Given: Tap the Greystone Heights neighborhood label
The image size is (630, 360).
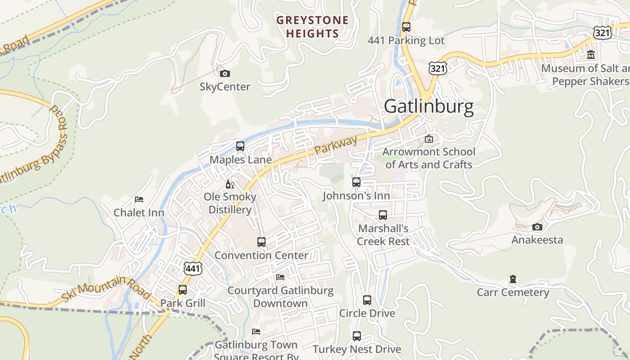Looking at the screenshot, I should click(312, 27).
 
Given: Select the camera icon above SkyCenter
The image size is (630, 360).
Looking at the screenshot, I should click(225, 73).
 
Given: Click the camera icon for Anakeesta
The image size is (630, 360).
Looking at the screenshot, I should click(537, 227).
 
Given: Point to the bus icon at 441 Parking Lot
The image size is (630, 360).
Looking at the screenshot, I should click(406, 27).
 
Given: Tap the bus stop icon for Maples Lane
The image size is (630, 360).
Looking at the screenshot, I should click(240, 146).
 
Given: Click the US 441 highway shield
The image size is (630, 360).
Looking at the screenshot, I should click(193, 269).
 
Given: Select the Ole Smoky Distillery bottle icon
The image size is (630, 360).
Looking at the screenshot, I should click(229, 184).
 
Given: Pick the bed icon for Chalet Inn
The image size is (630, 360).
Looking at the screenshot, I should click(139, 199).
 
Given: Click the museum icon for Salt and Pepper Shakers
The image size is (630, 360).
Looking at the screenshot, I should click(590, 55).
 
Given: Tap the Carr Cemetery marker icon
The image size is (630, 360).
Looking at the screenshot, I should click(513, 279).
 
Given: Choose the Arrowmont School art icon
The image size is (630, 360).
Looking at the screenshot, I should click(428, 139).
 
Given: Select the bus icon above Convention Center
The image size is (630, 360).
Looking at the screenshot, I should click(261, 242).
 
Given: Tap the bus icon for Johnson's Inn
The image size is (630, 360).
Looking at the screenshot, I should click(356, 182).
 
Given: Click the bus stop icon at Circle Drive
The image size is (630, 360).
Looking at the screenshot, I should click(367, 300).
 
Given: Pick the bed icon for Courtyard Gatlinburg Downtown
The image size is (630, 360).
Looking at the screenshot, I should click(280, 277).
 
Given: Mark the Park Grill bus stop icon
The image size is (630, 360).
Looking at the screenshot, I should click(182, 290).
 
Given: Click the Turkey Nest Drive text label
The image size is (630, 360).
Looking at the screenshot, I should click(356, 349).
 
